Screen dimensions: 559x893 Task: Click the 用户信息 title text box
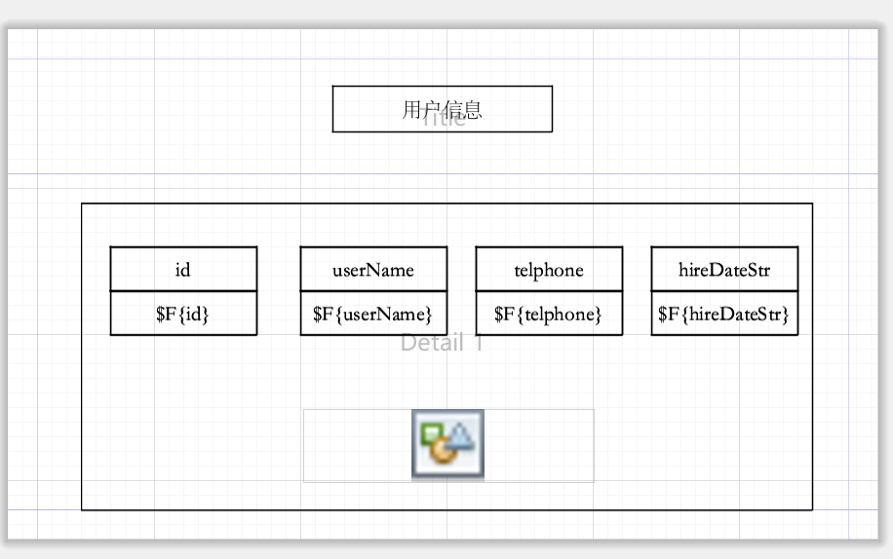point(442,108)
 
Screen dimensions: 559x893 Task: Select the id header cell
point(183,270)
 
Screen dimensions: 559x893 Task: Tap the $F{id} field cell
point(183,314)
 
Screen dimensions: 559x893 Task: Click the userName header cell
point(373,270)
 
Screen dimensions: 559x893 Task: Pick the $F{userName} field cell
point(373,314)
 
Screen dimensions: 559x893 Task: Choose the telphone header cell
point(549,270)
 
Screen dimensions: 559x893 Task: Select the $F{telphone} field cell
point(549,314)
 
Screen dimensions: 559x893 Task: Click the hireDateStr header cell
point(724,270)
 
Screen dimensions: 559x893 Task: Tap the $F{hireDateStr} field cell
point(724,314)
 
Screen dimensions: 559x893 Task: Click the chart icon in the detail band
point(447,444)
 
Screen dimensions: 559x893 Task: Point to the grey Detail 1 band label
point(442,343)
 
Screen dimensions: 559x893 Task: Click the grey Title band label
point(444,120)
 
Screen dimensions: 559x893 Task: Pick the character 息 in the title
point(473,109)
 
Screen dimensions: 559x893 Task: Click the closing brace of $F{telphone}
point(598,314)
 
